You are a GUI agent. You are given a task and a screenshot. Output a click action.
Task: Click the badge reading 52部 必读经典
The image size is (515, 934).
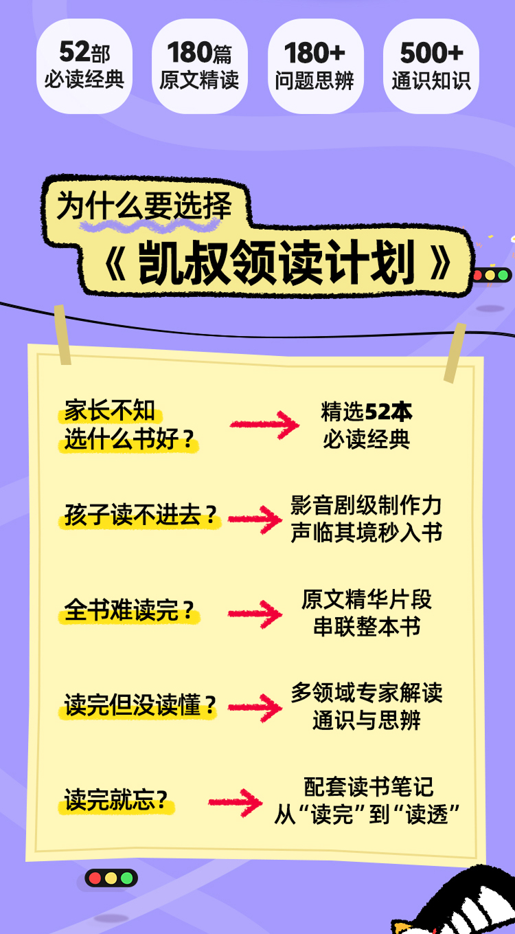84,66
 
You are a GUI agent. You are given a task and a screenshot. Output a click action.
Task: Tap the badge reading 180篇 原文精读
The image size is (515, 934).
200,66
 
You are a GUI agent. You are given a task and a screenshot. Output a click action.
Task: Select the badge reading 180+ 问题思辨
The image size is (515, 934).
315,66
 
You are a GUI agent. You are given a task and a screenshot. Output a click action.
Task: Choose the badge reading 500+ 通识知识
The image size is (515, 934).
431,66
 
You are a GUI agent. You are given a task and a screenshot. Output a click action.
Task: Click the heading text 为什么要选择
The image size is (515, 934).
144,205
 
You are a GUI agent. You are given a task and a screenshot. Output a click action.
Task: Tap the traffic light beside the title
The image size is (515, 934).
491,275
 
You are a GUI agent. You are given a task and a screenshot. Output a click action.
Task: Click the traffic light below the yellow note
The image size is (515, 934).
111,878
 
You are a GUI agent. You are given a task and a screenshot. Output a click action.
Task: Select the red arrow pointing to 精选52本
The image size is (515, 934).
264,425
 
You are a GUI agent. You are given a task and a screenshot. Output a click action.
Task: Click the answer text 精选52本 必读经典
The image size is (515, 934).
367,425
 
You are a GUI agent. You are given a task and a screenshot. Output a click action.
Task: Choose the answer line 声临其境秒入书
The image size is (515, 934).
367,533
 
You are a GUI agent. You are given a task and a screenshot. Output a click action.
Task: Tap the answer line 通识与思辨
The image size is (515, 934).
367,720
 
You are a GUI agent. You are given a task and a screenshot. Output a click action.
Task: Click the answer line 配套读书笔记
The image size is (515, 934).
369,787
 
